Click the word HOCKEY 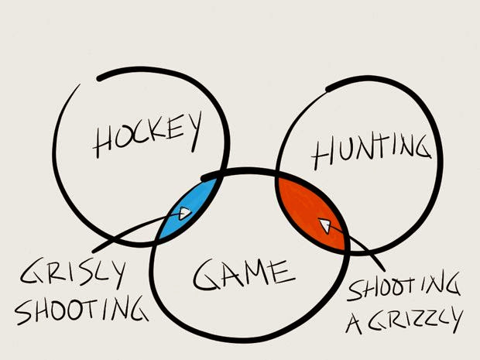147,135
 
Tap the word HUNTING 370,151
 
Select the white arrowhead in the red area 325,225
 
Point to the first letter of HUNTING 323,156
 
